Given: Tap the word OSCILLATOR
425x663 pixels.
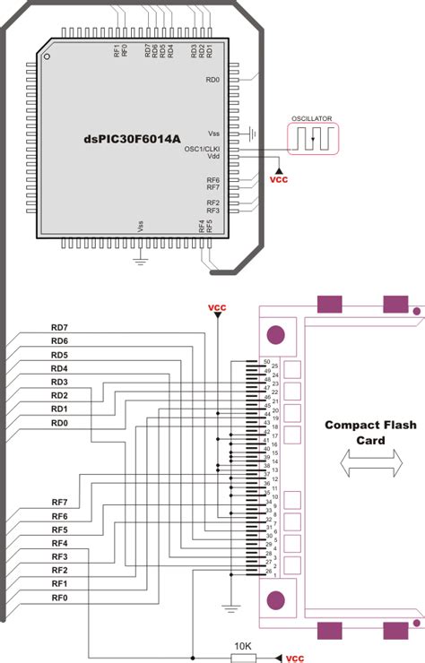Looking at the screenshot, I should click(310, 117).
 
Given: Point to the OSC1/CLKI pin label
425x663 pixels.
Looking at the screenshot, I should click(203, 149).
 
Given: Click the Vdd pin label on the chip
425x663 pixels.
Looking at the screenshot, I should click(213, 157).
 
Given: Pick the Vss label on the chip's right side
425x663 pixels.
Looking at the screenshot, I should click(212, 133).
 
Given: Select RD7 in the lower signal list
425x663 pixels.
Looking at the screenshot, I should click(60, 328).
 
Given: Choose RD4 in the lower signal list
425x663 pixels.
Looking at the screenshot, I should click(60, 368).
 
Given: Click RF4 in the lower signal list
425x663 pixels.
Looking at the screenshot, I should click(60, 543).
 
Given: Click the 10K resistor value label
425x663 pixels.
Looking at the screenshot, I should click(242, 645).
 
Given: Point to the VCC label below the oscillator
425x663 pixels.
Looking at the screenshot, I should click(280, 177).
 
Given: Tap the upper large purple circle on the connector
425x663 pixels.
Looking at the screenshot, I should click(276, 335).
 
